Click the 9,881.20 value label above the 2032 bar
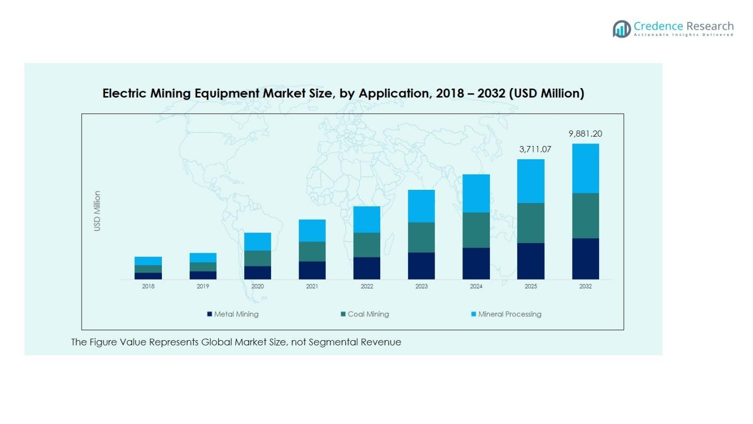click(x=585, y=134)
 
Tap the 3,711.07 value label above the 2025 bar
click(x=535, y=150)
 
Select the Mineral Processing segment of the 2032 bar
click(x=585, y=168)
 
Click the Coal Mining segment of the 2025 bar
click(x=530, y=223)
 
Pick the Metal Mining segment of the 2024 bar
click(x=476, y=263)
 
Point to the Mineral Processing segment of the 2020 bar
click(x=257, y=242)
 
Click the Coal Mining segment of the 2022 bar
click(x=366, y=245)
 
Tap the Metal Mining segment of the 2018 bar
click(x=148, y=275)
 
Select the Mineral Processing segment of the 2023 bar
click(x=421, y=206)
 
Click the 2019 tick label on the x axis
click(x=203, y=286)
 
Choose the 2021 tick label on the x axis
click(x=312, y=286)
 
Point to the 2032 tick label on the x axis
click(x=585, y=286)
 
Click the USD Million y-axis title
click(x=97, y=211)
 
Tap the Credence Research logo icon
click(x=622, y=28)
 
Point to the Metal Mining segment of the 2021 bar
click(x=312, y=270)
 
